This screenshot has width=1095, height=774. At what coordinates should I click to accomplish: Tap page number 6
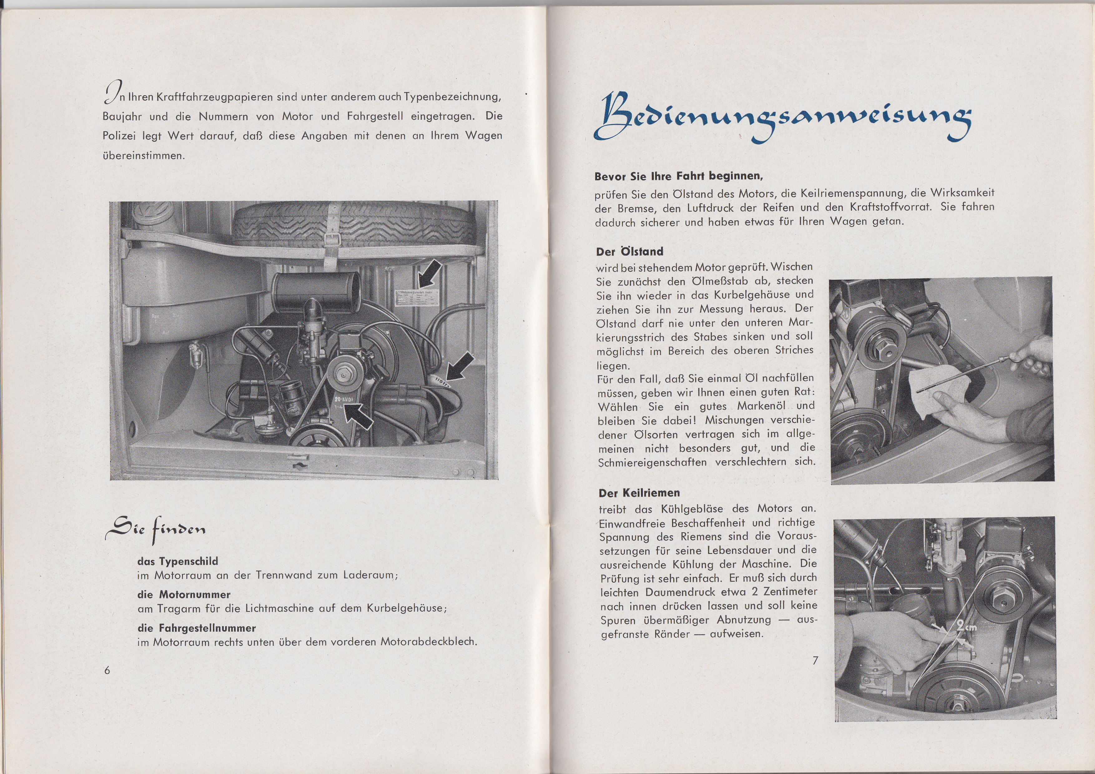pyautogui.click(x=107, y=670)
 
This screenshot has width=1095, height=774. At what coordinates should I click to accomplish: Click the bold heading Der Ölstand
pyautogui.click(x=629, y=252)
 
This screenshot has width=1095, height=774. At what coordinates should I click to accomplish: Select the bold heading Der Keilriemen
pyautogui.click(x=639, y=493)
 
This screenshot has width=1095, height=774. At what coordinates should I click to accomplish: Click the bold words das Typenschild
pyautogui.click(x=177, y=561)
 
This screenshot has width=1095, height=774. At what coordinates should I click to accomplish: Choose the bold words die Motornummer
pyautogui.click(x=184, y=594)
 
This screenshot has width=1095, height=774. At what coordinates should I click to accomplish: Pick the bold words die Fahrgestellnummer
pyautogui.click(x=196, y=628)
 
